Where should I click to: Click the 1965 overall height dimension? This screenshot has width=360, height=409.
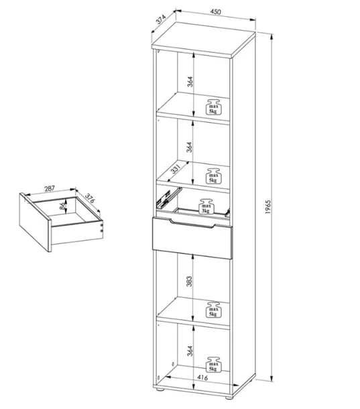268,207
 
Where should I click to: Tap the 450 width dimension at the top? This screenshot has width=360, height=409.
216,11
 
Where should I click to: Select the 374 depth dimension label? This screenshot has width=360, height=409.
161,19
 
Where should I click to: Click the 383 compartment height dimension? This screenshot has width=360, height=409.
189,282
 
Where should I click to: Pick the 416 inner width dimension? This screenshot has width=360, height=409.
202,377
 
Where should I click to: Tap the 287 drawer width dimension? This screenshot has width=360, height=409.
50,188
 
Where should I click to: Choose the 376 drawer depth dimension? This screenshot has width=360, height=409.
89,198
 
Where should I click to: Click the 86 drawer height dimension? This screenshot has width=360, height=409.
62,206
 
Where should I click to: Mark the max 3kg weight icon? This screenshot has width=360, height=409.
206,207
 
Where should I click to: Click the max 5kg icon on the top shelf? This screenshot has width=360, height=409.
213,107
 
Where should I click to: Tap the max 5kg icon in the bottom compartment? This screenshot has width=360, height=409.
213,364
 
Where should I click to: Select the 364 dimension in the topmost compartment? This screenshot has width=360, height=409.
190,82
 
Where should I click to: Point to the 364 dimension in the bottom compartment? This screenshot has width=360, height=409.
190,351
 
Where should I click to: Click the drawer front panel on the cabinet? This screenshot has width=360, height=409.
192,238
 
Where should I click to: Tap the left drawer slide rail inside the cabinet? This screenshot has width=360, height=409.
169,197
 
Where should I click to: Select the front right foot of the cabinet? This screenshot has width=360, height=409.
229,397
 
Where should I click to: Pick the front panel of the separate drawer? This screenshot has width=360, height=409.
35,222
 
